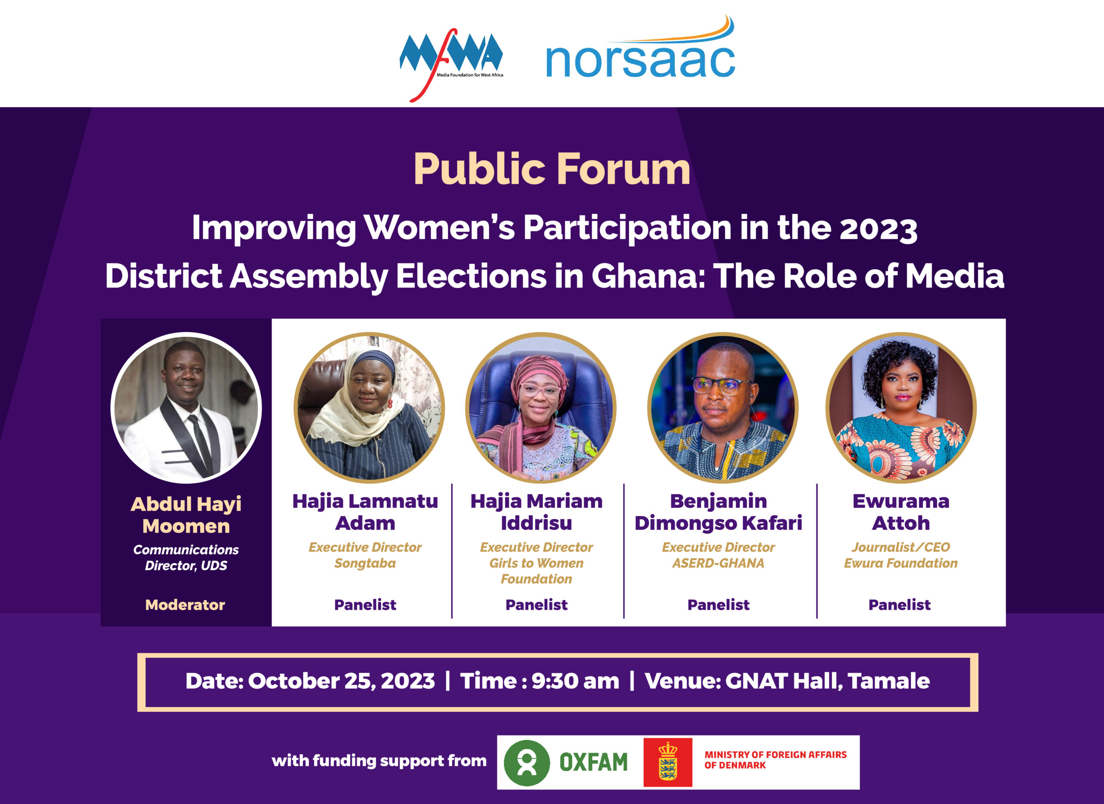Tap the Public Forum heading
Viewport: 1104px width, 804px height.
(x=552, y=169)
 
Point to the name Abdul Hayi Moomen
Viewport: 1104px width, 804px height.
(x=186, y=515)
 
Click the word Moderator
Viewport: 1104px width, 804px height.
(x=185, y=605)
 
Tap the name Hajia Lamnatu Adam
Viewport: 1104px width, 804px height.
(x=365, y=512)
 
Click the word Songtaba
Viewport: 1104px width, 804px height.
(x=365, y=563)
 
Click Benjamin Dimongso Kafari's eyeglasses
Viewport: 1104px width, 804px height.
(x=722, y=385)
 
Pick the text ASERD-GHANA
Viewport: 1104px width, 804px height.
(x=718, y=563)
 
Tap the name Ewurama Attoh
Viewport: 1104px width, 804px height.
(x=901, y=512)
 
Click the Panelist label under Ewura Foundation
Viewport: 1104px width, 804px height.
(x=900, y=605)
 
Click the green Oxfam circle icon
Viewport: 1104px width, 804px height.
(x=527, y=763)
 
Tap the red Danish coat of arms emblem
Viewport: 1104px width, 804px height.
(x=668, y=762)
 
